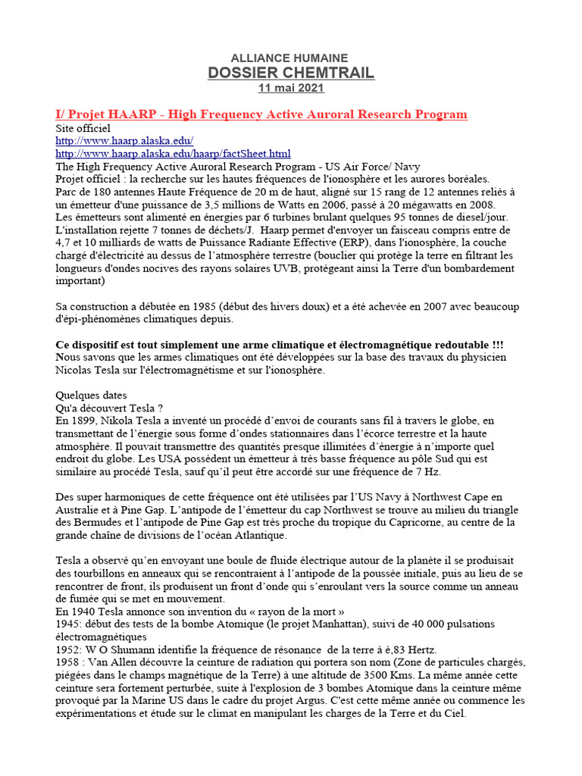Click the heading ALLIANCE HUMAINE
coord(290,58)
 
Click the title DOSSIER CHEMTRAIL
coord(291,73)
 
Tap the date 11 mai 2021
coord(291,88)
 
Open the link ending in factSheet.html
coord(174,154)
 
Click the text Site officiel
coord(83,128)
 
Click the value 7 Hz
coord(432,471)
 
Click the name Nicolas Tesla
coord(92,370)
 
